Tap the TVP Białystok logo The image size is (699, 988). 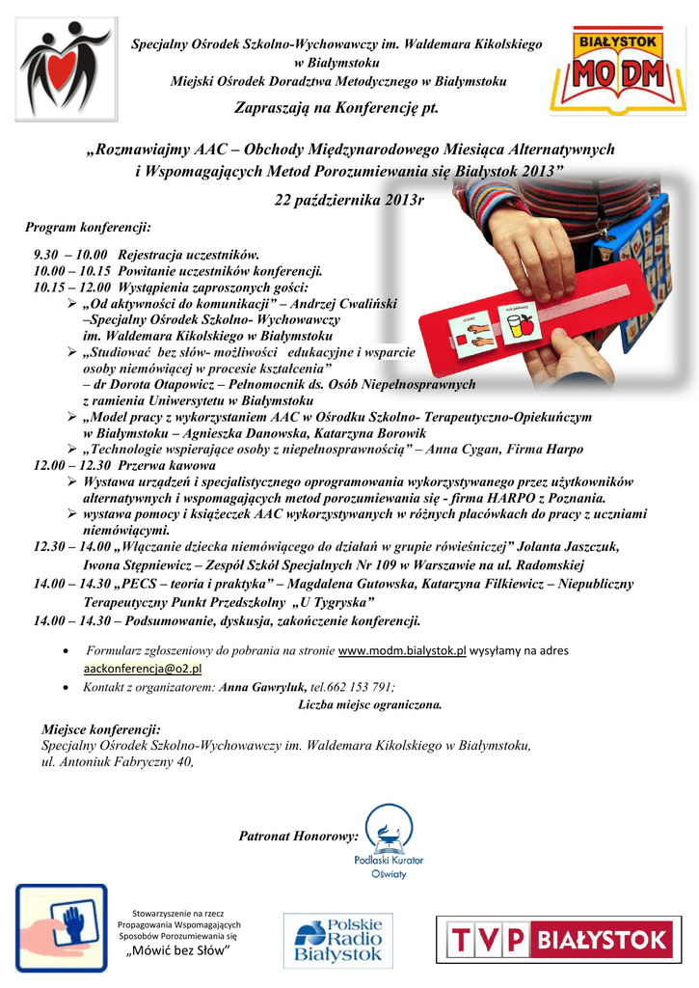pos(560,939)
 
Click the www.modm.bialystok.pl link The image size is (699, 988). pos(402,651)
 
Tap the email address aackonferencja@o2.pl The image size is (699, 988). pos(143,668)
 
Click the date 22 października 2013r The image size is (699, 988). pos(350,200)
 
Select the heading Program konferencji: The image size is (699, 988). pos(88,227)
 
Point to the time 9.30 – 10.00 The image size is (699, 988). pos(69,255)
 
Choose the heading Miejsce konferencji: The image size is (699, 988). pos(101,730)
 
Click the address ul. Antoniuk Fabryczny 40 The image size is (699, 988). pos(117,762)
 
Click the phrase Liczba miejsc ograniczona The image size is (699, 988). pos(370,703)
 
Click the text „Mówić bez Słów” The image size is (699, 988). pos(180,952)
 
